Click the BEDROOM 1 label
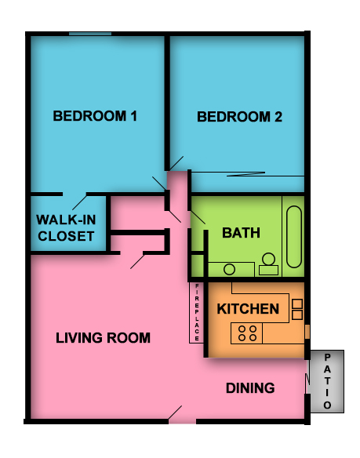(x=95, y=117)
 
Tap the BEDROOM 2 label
(x=239, y=118)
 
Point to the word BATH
(x=241, y=233)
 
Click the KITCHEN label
(x=247, y=309)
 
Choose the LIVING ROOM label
(x=103, y=338)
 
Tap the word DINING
(x=250, y=388)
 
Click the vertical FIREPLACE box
(x=197, y=313)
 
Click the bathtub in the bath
(x=294, y=238)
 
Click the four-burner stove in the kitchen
(x=248, y=333)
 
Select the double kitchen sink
(x=297, y=308)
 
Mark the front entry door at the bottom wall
(x=182, y=415)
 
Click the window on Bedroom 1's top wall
(x=89, y=33)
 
